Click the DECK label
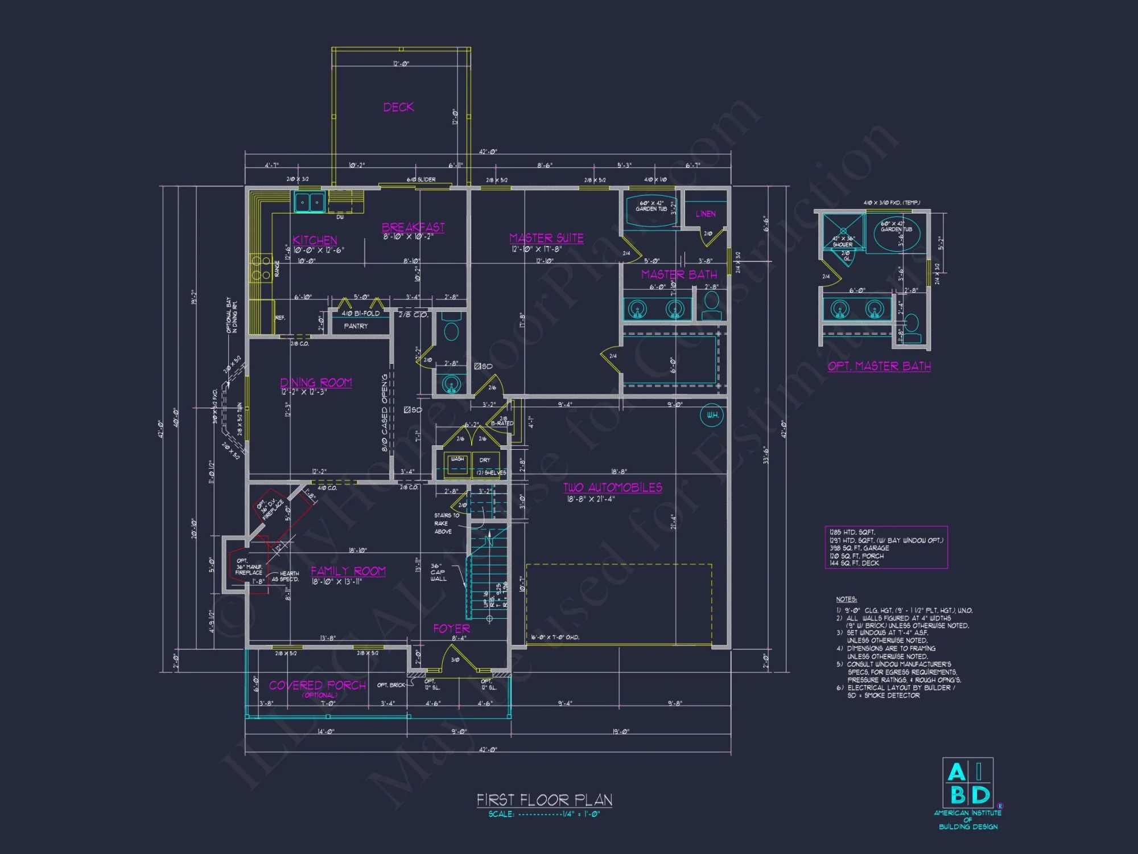click(398, 107)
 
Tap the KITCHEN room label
click(315, 240)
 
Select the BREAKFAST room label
click(413, 227)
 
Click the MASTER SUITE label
click(546, 237)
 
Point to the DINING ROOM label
click(316, 382)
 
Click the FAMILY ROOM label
click(348, 570)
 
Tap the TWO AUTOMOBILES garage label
click(612, 487)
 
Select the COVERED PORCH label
click(318, 685)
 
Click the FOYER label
click(451, 629)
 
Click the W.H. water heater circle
click(712, 415)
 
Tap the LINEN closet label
click(706, 213)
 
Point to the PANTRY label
click(356, 326)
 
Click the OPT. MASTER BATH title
click(879, 366)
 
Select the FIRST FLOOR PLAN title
click(544, 800)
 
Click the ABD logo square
click(968, 783)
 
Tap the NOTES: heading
click(846, 599)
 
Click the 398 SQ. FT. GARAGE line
click(859, 548)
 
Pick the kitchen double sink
click(310, 202)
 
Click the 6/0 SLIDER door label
click(421, 179)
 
